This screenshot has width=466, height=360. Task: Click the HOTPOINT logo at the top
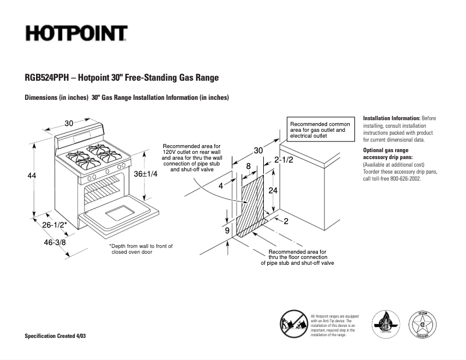76,33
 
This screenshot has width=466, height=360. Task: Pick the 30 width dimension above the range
69,123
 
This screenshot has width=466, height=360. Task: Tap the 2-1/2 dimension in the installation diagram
284,160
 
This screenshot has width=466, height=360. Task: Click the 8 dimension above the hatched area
249,166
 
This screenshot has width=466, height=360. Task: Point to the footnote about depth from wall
141,250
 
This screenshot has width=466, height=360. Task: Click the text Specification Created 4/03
56,337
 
